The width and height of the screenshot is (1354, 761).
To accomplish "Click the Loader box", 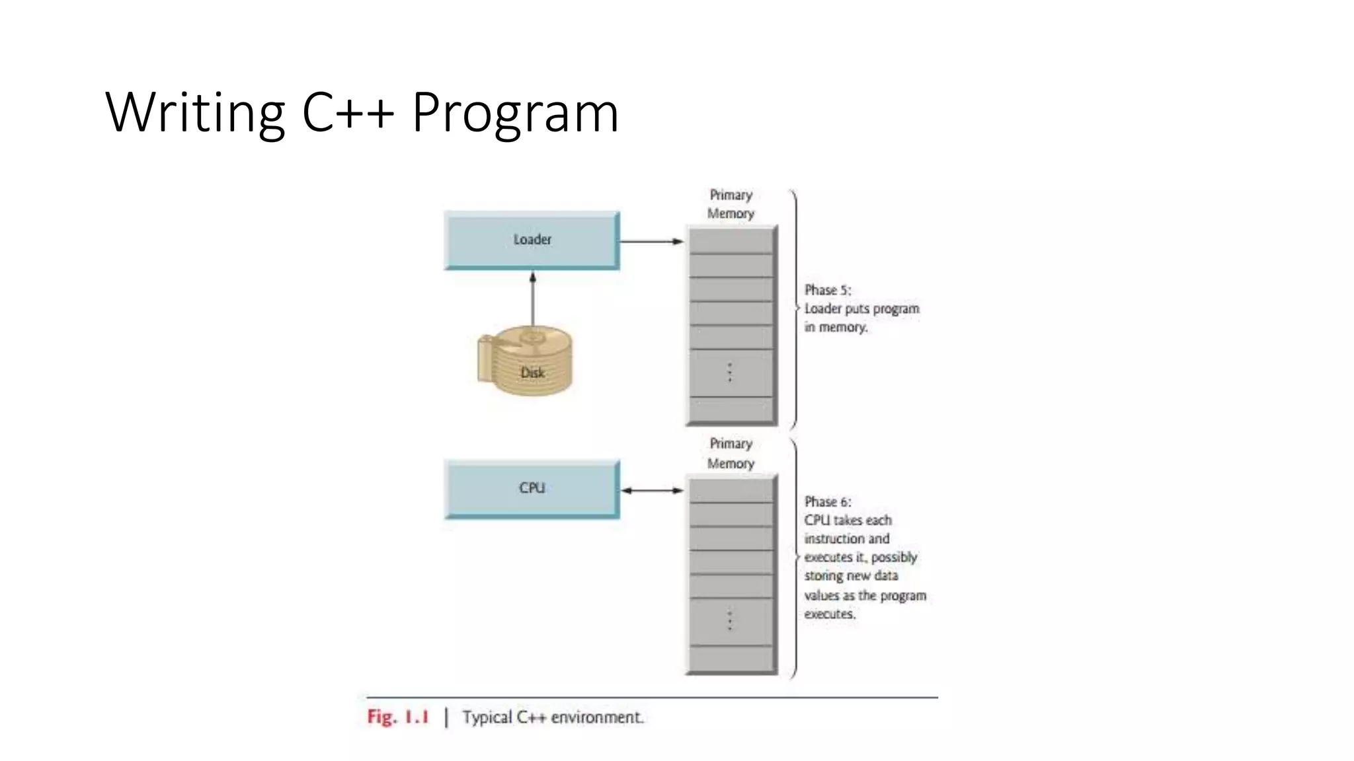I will point(532,240).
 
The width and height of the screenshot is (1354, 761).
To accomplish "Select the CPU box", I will point(532,488).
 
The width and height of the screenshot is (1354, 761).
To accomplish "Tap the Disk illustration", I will point(526,361).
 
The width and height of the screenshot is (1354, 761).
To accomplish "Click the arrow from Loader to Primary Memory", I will point(651,241).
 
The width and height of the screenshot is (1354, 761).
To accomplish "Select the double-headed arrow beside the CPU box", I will point(652,490).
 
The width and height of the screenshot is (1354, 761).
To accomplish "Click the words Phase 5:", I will point(828,290).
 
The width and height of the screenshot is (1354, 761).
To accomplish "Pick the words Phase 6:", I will point(828,502).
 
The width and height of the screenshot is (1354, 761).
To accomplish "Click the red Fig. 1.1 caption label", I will point(398,717).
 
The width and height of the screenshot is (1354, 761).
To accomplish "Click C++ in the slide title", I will point(348,112).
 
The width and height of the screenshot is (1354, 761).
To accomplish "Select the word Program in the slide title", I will point(515,112).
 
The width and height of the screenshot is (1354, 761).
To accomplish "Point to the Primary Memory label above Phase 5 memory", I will point(731,204).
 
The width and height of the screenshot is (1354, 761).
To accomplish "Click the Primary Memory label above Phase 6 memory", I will point(731,453).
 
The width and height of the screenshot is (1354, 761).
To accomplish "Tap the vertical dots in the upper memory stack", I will point(730,373).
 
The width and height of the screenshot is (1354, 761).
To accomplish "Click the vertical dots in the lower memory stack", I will point(730,621).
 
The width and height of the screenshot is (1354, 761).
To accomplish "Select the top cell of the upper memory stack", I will point(731,241).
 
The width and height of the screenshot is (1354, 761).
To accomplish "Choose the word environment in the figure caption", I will point(597,717).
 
